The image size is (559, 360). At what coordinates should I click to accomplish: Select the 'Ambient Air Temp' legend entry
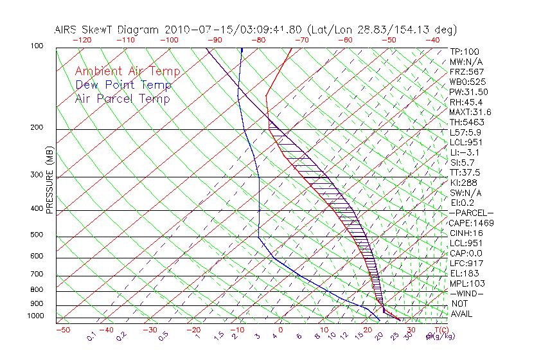(127, 71)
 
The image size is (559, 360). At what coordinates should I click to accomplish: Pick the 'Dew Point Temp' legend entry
(123, 85)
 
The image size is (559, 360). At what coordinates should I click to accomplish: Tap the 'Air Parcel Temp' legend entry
(123, 98)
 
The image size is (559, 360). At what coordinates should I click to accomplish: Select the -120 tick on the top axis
(81, 40)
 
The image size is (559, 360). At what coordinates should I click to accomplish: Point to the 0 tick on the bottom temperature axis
(281, 330)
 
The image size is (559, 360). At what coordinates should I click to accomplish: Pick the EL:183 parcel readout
(465, 273)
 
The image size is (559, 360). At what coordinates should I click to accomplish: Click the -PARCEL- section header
(471, 213)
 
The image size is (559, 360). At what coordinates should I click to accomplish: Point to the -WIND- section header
(467, 293)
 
